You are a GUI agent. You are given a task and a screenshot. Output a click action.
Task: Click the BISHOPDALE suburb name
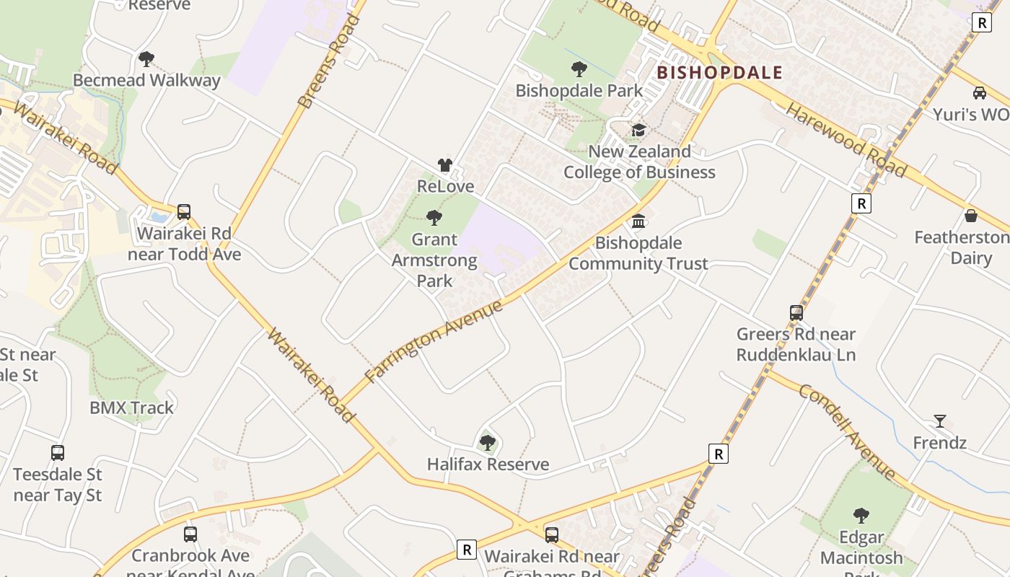click(719, 73)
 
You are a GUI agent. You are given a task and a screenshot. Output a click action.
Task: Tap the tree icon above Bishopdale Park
click(579, 69)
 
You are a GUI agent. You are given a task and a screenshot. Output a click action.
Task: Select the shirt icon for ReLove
click(445, 165)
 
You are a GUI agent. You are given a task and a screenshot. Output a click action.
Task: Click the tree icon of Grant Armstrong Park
click(434, 217)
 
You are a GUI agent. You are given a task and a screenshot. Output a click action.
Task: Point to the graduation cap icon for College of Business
click(638, 130)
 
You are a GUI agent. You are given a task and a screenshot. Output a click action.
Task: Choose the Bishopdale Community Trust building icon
click(638, 221)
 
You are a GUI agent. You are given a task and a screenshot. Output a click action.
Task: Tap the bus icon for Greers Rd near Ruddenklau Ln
click(796, 313)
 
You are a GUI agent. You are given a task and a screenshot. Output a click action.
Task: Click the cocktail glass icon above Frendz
click(939, 421)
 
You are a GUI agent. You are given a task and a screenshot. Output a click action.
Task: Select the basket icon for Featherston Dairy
click(971, 216)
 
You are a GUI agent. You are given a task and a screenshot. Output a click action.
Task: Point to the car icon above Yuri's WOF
click(979, 93)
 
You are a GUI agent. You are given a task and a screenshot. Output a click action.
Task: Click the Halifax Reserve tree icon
click(488, 443)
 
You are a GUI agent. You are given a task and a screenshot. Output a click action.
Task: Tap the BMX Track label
click(131, 408)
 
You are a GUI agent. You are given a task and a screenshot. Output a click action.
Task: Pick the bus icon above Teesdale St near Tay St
click(58, 453)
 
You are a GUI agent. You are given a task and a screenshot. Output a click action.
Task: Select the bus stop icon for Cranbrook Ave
click(190, 534)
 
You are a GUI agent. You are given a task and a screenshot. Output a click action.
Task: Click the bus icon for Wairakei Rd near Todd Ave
click(184, 212)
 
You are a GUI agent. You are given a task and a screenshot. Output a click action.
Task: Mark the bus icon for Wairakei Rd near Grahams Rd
click(552, 535)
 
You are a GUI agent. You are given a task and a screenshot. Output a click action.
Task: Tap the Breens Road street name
click(329, 61)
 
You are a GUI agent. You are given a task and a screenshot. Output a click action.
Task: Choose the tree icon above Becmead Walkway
click(146, 58)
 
